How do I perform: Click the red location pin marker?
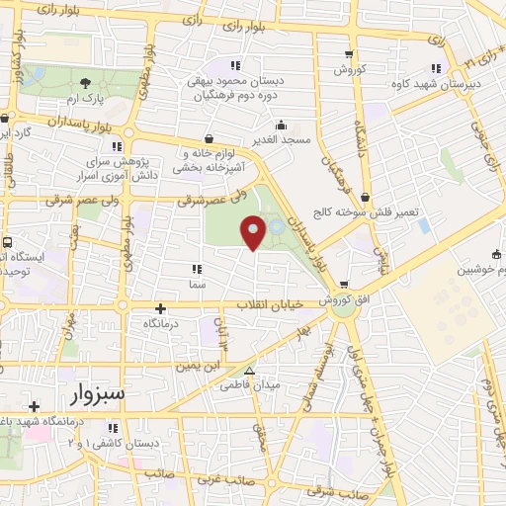[x=253, y=231]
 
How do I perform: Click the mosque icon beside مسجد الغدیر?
[x=282, y=125]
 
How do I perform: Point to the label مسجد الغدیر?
[x=282, y=139]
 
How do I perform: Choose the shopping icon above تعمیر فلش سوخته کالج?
[x=365, y=198]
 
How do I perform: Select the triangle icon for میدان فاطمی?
[x=249, y=373]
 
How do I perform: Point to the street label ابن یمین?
[x=180, y=367]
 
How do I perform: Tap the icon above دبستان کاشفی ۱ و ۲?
[x=113, y=427]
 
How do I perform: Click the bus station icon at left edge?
[x=7, y=241]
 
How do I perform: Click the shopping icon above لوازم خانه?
[x=209, y=139]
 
